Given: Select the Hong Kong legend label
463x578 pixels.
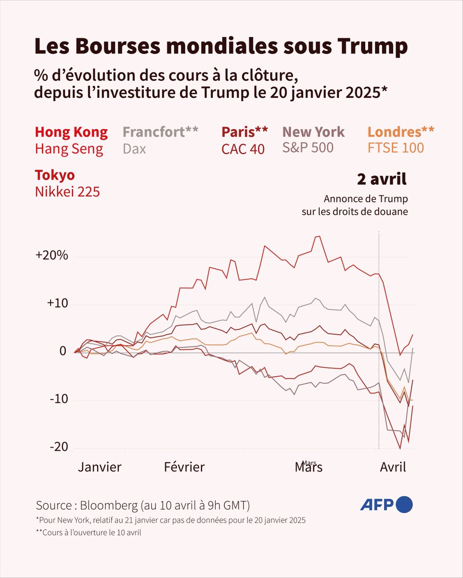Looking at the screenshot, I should (x=71, y=132).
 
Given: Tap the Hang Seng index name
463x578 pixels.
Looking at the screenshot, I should (x=69, y=149).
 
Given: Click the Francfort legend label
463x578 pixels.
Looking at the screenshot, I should (x=160, y=132).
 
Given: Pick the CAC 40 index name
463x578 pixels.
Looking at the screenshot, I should (x=243, y=149).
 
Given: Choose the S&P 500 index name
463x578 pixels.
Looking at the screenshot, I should (x=308, y=148).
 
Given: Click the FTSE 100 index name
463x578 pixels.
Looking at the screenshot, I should (x=396, y=147).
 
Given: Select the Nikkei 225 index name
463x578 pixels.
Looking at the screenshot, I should (x=67, y=192).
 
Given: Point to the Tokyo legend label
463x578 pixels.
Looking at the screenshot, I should (x=55, y=175).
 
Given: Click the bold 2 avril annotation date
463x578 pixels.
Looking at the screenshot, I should (x=382, y=179).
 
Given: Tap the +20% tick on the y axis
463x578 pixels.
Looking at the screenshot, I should (x=51, y=256).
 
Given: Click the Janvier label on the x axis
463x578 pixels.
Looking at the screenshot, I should (x=100, y=467).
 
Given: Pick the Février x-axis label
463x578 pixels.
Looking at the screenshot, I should (x=184, y=467).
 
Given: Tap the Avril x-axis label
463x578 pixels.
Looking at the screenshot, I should (x=393, y=467).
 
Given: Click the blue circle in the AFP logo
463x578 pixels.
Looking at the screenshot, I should (x=405, y=504).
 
